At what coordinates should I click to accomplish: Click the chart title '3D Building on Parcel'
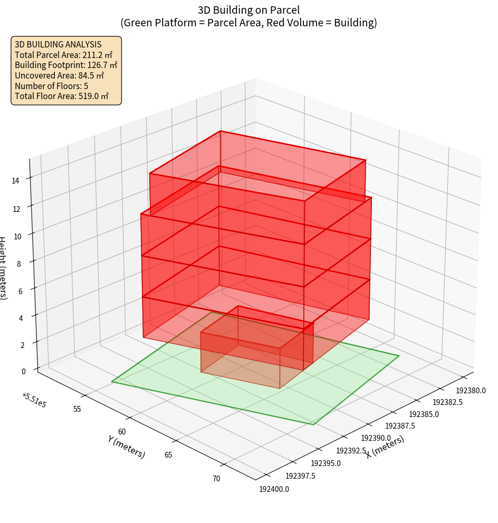tap(248, 9)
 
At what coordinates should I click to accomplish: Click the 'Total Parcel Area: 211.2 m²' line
tap(63, 55)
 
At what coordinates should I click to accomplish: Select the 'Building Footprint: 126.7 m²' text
tap(66, 65)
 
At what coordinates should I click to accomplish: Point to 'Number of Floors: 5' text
tap(52, 86)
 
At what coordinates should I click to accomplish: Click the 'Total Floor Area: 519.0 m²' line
tap(62, 96)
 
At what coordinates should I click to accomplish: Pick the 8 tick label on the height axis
tap(19, 263)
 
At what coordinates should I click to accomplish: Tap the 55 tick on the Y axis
tap(77, 409)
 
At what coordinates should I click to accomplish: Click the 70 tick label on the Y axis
tap(216, 479)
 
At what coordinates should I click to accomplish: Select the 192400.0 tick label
tap(274, 489)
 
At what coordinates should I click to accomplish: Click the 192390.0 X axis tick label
tap(376, 439)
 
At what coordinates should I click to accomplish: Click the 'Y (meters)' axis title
tap(127, 447)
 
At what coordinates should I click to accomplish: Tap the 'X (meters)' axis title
tap(385, 447)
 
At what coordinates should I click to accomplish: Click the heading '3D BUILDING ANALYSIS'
tap(58, 45)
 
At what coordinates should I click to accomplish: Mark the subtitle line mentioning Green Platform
tap(248, 23)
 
